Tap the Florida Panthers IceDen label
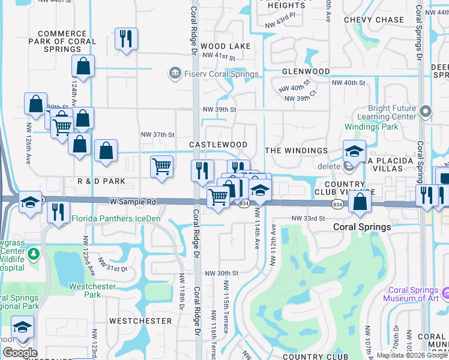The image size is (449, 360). tap(116, 218)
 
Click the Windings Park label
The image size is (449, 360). tap(372, 127)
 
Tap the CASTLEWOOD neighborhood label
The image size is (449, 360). tap(218, 145)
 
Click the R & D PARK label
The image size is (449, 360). tap(101, 181)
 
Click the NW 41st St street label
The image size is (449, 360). tap(219, 56)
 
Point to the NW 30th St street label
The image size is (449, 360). tap(221, 273)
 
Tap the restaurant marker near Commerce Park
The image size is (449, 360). tap(126, 40)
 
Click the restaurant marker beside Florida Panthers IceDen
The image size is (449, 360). tap(58, 212)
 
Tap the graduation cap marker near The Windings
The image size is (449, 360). tap(354, 151)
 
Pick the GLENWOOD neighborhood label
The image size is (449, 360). tap(306, 71)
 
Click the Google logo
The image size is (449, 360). tap(20, 353)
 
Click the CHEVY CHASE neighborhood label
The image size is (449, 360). tap(374, 20)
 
